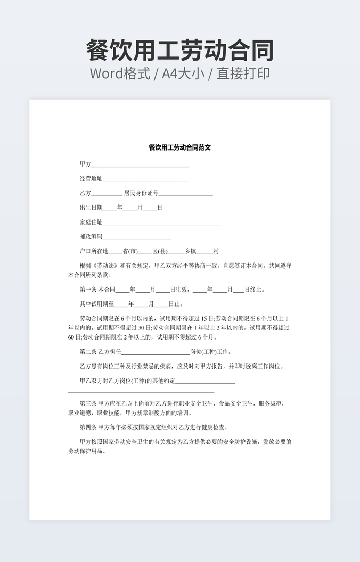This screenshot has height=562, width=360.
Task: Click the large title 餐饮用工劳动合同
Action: pyautogui.click(x=180, y=51)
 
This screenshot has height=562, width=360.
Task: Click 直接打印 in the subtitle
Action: pyautogui.click(x=243, y=73)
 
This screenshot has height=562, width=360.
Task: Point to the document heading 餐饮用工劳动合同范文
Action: pyautogui.click(x=180, y=147)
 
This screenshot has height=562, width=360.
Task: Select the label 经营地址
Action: pyautogui.click(x=91, y=178)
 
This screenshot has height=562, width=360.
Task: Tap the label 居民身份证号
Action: pyautogui.click(x=141, y=193)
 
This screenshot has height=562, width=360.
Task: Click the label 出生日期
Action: pyautogui.click(x=91, y=208)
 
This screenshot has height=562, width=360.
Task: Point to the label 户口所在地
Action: pyautogui.click(x=94, y=251)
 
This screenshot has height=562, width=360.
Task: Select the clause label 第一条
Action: pyautogui.click(x=88, y=290)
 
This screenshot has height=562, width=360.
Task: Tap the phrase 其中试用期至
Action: pyautogui.click(x=96, y=304)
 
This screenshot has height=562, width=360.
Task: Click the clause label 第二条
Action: pyautogui.click(x=88, y=352)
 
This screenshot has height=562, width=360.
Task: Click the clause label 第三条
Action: pyautogui.click(x=88, y=403)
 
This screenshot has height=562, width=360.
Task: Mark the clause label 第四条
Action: pyautogui.click(x=88, y=427)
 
